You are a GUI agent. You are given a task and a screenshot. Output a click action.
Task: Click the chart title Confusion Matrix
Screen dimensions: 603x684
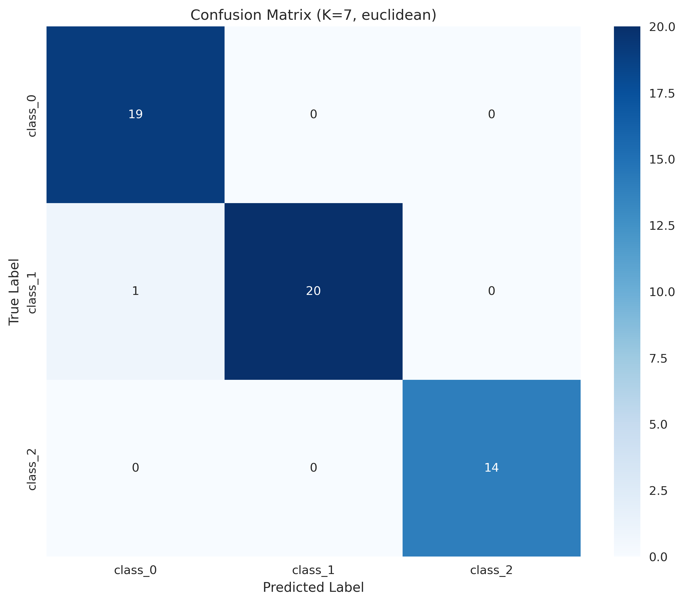(x=313, y=15)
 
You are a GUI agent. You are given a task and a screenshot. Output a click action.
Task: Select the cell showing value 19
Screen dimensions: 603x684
(x=135, y=114)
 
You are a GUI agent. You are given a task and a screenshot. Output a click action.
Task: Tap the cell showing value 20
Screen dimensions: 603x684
(x=313, y=291)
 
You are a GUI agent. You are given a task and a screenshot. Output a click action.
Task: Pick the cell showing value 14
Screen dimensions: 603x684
(x=491, y=467)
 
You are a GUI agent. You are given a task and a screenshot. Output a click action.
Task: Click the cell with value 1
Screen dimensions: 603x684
(x=135, y=291)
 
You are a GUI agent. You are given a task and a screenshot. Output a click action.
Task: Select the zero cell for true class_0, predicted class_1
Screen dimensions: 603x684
(x=313, y=114)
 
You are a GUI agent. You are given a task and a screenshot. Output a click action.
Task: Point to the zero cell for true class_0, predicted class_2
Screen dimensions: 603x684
(x=491, y=114)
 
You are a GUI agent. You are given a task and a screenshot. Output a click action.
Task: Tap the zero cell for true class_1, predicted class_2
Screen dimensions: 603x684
(x=491, y=291)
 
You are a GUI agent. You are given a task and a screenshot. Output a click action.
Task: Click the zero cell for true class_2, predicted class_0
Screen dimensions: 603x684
(x=135, y=467)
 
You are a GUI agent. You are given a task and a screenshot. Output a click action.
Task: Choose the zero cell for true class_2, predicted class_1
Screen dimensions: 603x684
(x=313, y=467)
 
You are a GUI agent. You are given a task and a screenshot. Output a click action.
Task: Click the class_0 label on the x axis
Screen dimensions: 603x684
(x=135, y=570)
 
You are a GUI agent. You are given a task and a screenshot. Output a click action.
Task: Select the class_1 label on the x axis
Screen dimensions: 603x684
(x=313, y=570)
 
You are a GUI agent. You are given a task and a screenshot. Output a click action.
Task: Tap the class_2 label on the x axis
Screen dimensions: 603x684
(x=491, y=570)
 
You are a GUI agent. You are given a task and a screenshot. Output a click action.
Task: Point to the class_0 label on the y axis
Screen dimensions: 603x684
(x=32, y=116)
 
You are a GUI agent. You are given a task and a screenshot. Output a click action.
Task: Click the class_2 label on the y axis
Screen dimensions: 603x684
(x=32, y=469)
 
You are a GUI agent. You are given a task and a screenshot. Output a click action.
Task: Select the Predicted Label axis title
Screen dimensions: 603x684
(x=313, y=587)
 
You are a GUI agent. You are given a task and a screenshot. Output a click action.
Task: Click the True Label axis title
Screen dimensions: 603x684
(x=14, y=291)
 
